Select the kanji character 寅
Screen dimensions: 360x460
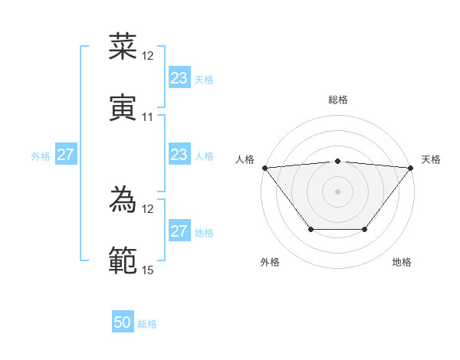point(123,108)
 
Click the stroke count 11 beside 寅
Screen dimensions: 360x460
point(148,117)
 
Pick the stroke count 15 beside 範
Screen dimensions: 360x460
point(148,270)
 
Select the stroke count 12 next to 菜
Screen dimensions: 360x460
point(148,56)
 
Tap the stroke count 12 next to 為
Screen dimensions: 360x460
point(148,209)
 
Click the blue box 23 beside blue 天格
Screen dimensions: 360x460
point(179,78)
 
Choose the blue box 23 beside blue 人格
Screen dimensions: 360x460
point(179,155)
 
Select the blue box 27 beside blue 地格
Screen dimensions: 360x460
point(179,231)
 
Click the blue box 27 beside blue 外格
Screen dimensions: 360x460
point(65,155)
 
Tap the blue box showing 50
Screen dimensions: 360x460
point(123,322)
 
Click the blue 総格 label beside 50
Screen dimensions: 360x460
point(147,324)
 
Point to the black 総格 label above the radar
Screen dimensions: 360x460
point(337,100)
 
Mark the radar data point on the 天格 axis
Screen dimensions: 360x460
point(411,167)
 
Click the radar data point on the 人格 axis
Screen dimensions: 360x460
point(264,167)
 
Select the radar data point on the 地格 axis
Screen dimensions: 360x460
point(365,229)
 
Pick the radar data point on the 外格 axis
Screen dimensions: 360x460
point(310,229)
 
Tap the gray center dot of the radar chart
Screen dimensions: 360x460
point(337,191)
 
